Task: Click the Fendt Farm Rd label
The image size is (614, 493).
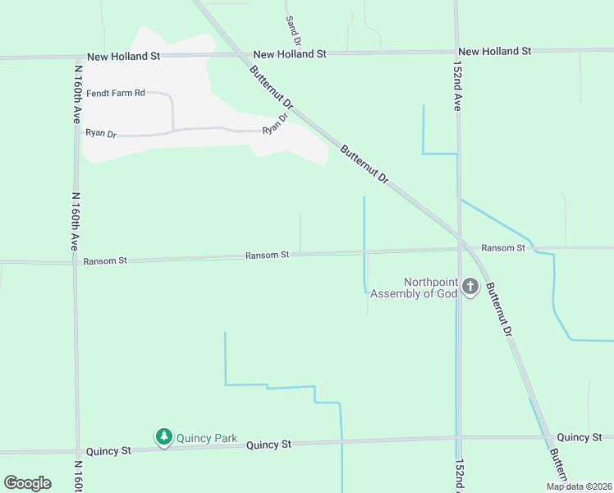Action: (x=116, y=93)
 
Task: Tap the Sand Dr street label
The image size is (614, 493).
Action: (x=294, y=30)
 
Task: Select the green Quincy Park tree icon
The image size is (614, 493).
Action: (x=164, y=437)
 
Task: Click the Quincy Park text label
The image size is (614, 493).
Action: (x=209, y=438)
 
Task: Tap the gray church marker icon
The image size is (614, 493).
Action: (x=470, y=287)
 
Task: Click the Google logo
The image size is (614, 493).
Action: (x=27, y=483)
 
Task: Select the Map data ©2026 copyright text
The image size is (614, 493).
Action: (x=578, y=486)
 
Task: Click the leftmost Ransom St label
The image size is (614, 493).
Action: (x=105, y=261)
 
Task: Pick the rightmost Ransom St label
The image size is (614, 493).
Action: (x=502, y=247)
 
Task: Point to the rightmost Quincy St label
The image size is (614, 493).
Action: (x=579, y=437)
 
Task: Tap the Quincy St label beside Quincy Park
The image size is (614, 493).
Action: (x=269, y=445)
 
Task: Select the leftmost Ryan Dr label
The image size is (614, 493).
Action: (x=102, y=132)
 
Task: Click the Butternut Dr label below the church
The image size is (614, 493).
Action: (x=498, y=310)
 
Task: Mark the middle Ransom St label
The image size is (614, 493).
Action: (x=267, y=256)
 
